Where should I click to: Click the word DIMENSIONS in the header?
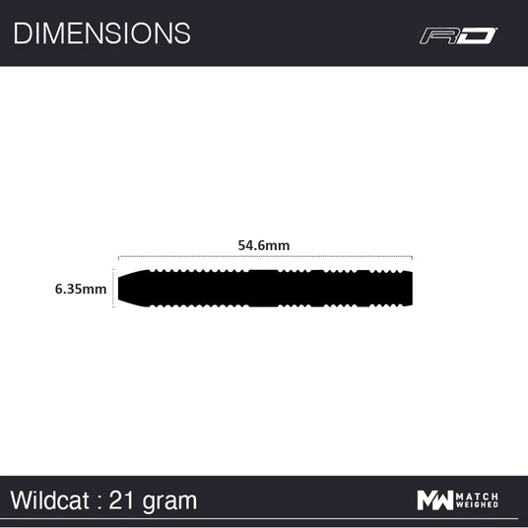point(101,33)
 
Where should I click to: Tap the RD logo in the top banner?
point(458,35)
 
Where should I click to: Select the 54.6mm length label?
point(264,245)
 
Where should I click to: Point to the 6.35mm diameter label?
point(81,289)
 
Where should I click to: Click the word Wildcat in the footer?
point(50,500)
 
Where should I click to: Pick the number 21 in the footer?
point(120,500)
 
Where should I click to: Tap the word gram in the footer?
point(169,502)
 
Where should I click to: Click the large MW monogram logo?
point(435,500)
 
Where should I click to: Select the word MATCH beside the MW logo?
point(477,496)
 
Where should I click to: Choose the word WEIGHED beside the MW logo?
point(477,504)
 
